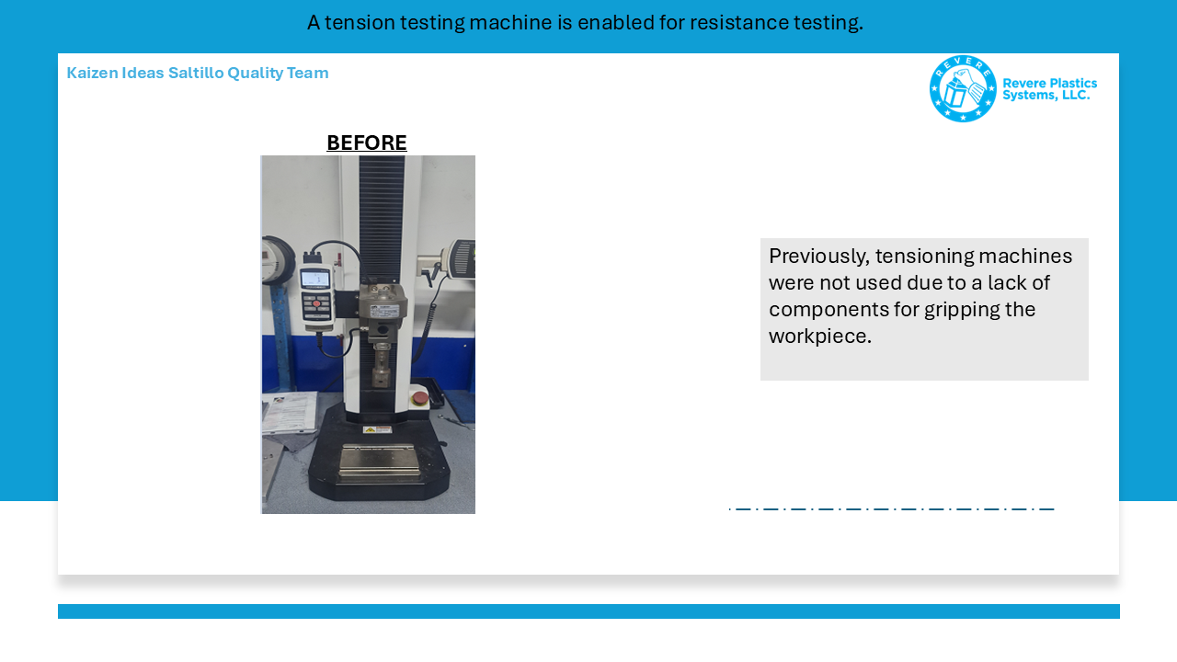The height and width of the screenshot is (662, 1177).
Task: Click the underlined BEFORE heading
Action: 367,143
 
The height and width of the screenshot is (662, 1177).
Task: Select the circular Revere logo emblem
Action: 963,89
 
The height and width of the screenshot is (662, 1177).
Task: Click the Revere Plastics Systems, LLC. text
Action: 1049,89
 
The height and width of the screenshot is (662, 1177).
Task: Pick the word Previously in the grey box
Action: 819,257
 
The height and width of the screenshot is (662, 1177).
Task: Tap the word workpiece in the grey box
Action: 820,337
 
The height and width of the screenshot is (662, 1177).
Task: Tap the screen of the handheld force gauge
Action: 315,279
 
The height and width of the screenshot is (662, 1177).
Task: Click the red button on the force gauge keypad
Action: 316,303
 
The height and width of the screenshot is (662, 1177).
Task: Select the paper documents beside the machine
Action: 289,413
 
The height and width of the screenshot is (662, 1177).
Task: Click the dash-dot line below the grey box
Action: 892,509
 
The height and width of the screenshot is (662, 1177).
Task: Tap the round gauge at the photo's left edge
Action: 278,260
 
